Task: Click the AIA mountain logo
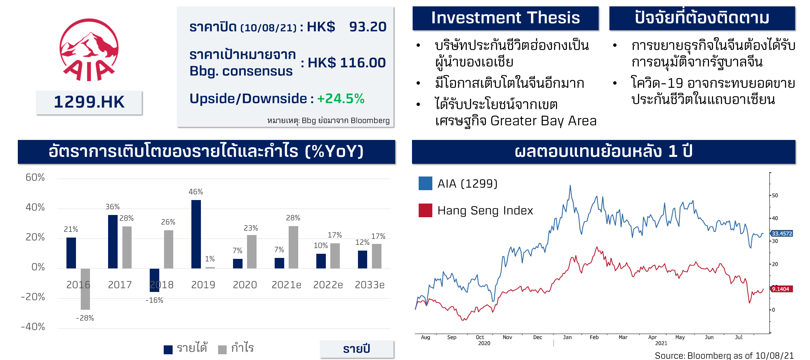point(89,50)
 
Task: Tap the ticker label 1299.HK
point(89,102)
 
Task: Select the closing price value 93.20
point(367,27)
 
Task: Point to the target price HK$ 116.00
point(347,63)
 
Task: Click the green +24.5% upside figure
point(340,99)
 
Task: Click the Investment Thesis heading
point(505,18)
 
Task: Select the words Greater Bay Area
point(543,121)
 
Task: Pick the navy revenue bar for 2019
point(196,234)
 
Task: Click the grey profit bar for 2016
point(85,289)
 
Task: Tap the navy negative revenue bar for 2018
point(154,280)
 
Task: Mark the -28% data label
point(85,318)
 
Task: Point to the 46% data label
point(196,192)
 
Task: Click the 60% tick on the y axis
point(35,177)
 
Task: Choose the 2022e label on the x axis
point(328,285)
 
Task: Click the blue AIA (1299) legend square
point(425,183)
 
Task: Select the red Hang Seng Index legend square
point(425,211)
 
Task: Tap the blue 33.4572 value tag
point(782,234)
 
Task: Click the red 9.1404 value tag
point(781,289)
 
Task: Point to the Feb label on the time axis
point(594,337)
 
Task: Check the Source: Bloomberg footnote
point(724,356)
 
